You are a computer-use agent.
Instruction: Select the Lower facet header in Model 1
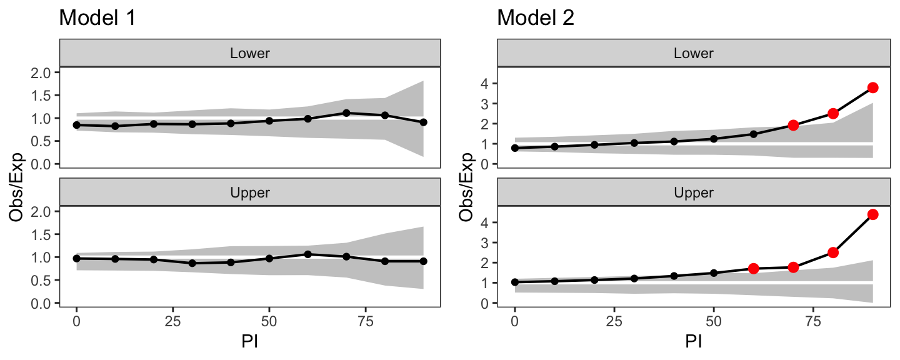250,53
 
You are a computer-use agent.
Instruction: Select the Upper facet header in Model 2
694,192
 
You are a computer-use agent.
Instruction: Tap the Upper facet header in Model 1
250,192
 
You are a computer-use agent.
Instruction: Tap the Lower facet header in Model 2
694,53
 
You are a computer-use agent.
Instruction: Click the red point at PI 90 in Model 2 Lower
872,87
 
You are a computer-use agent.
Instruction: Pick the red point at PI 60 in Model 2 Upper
754,268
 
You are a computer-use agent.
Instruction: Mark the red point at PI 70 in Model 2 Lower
793,125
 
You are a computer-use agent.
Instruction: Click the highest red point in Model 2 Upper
872,214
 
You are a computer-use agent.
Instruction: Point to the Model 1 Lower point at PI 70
346,113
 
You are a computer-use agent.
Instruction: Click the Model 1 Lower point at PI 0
76,125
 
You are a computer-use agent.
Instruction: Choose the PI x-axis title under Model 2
694,343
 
